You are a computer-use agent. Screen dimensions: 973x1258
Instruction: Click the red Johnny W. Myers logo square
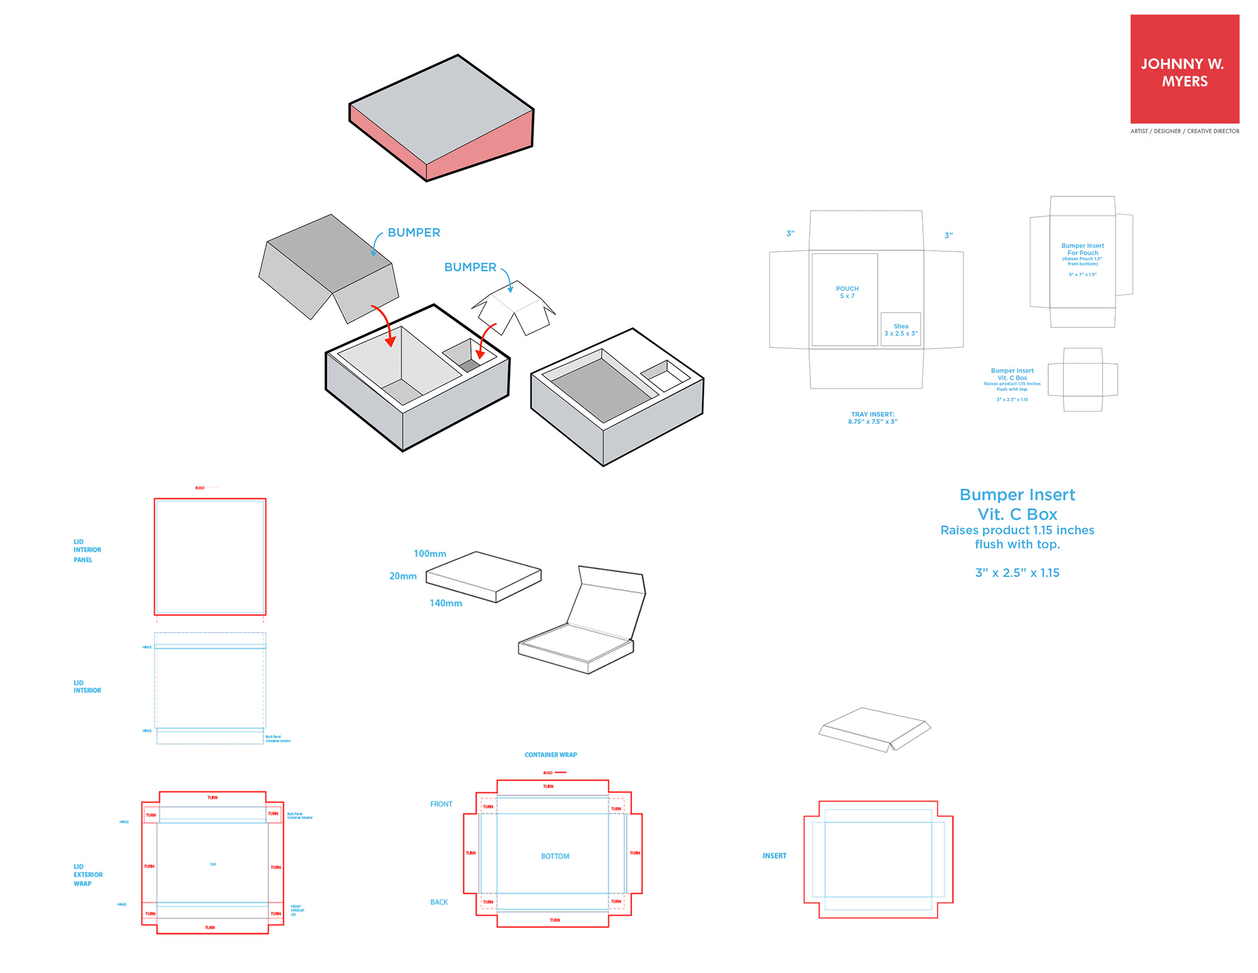click(x=1184, y=69)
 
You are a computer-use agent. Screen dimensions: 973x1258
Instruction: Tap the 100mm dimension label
click(x=429, y=553)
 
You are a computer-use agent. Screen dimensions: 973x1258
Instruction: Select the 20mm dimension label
click(x=403, y=576)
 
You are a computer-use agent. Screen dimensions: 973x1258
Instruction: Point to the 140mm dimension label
click(x=445, y=603)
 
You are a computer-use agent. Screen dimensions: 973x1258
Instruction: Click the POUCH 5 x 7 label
click(x=847, y=292)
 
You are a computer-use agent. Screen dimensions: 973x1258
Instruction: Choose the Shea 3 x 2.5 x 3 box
click(x=900, y=330)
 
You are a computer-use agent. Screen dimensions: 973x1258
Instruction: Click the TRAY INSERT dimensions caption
click(x=873, y=418)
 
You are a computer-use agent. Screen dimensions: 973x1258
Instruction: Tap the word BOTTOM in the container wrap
click(x=555, y=856)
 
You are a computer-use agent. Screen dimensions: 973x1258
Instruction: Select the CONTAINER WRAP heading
click(x=550, y=754)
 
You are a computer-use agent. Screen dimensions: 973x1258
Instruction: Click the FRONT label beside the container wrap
click(x=441, y=804)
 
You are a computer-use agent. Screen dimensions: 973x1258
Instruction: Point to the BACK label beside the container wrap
click(x=439, y=902)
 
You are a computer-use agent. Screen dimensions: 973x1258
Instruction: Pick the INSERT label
click(x=774, y=856)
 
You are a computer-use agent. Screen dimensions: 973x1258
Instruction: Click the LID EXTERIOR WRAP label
click(x=87, y=875)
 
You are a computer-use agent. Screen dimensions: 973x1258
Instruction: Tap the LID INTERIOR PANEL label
click(x=86, y=551)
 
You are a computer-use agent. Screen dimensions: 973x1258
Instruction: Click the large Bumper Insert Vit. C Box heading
click(x=1017, y=504)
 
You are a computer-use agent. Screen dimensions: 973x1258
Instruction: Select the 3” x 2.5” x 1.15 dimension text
click(x=1017, y=573)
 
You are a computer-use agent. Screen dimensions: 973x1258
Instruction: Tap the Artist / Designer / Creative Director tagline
click(x=1184, y=132)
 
